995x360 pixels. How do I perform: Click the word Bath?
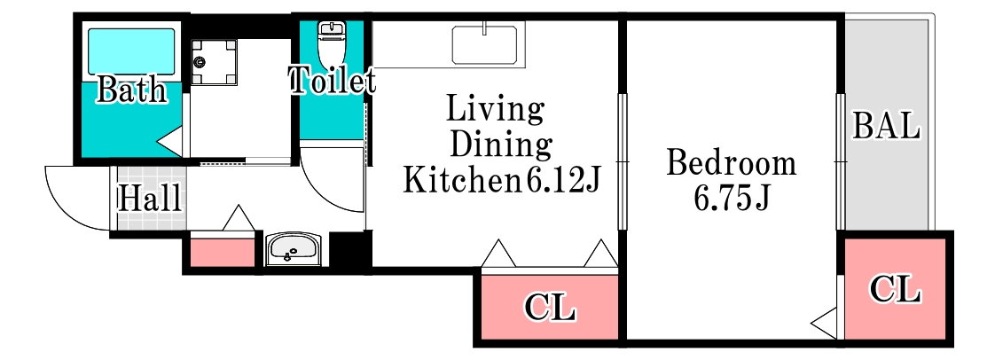point(131,90)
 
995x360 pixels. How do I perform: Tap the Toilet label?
point(332,81)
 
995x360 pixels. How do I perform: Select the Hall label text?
point(151,198)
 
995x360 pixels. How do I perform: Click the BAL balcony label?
point(886,126)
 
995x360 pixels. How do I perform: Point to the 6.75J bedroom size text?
point(731,199)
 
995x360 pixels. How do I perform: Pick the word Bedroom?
point(731,164)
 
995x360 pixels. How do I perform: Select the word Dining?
point(500,146)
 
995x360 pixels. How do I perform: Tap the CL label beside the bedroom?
point(895,290)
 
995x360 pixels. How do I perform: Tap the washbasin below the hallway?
point(294,248)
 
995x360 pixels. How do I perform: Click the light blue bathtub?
point(131,51)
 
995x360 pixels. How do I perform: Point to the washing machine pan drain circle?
point(201,61)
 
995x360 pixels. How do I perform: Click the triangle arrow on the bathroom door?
point(170,142)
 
